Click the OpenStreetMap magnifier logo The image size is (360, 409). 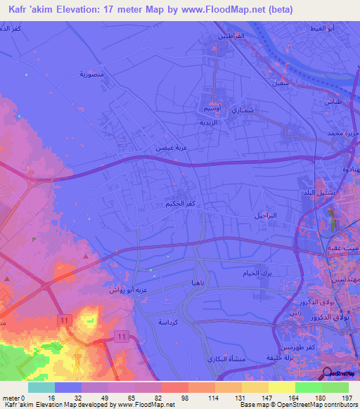[328, 374]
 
